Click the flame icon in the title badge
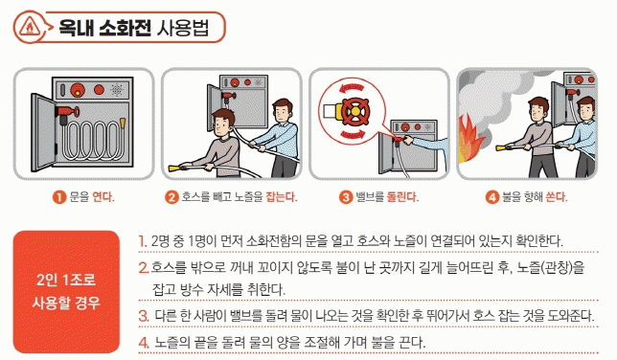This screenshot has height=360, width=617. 29,28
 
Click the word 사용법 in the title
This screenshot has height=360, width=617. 183,28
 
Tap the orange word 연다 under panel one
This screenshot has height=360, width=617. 103,196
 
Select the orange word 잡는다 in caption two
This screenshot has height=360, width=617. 282,196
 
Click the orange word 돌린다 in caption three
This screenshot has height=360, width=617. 402,196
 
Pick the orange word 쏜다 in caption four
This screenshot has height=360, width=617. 556,196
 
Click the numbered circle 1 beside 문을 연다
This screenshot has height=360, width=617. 59,196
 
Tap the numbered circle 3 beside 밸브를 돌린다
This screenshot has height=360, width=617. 346,196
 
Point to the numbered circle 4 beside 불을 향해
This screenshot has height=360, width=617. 491,196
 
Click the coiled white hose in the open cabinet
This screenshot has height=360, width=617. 92,141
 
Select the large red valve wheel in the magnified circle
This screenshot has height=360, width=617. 354,112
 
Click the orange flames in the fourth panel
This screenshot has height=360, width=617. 469,138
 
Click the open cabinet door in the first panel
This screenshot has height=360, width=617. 43,132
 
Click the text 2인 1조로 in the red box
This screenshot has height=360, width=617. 66,280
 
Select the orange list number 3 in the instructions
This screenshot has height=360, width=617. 144,316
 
